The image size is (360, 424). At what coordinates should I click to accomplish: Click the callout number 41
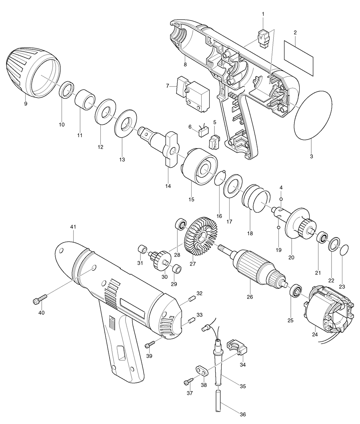point(73,227)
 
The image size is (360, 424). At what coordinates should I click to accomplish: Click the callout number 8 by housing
point(185,64)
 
